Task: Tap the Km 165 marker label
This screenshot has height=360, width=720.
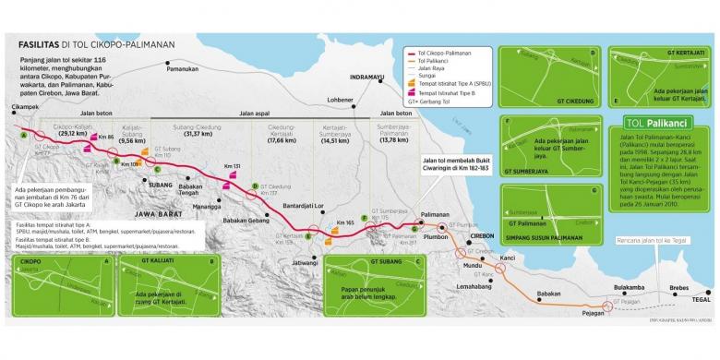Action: coord(346,223)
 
